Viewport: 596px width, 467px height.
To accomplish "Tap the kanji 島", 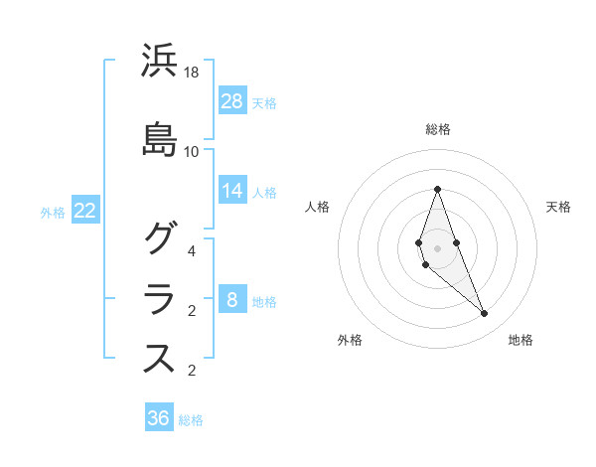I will click(x=159, y=139).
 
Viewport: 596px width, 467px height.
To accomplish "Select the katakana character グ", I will click(x=159, y=238).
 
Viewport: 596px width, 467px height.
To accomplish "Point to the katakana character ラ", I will click(x=159, y=298).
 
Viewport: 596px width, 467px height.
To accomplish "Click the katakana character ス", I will click(x=159, y=358).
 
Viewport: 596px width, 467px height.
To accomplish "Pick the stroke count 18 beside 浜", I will click(x=192, y=73).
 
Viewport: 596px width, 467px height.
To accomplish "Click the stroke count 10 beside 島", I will click(x=192, y=151).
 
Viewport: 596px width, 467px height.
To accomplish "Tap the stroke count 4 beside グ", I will click(x=192, y=250).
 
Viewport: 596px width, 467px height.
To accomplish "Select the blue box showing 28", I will click(x=232, y=100).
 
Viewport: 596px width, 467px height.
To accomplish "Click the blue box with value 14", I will click(x=232, y=190).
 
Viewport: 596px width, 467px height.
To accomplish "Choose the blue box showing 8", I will click(x=232, y=300).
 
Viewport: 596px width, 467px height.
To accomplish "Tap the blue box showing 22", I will click(x=85, y=211).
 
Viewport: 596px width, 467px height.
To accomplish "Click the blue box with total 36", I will click(x=159, y=418).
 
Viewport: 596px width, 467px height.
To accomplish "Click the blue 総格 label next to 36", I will click(x=191, y=420).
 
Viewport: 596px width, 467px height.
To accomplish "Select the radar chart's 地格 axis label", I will click(x=521, y=340).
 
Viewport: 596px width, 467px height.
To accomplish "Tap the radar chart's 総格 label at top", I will click(x=438, y=129).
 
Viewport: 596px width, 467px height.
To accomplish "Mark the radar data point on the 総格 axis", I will click(x=437, y=189).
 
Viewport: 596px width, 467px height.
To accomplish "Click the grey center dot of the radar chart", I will click(x=437, y=247).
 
